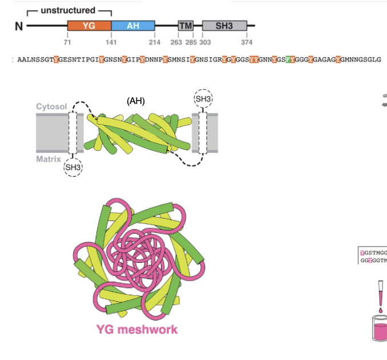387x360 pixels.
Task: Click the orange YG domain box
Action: (x=89, y=26)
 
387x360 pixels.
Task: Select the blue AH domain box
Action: (x=133, y=26)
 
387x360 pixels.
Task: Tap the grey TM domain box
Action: (x=185, y=26)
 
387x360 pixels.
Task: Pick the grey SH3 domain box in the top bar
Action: (x=224, y=26)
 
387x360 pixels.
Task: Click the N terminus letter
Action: (x=18, y=26)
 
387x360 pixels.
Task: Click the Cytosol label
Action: (x=51, y=107)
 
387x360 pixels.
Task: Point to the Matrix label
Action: (x=49, y=159)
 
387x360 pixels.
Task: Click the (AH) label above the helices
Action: (x=135, y=101)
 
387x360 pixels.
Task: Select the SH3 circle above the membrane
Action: (x=203, y=99)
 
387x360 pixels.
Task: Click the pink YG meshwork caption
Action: (x=136, y=329)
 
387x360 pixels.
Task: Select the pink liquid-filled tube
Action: (x=380, y=330)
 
